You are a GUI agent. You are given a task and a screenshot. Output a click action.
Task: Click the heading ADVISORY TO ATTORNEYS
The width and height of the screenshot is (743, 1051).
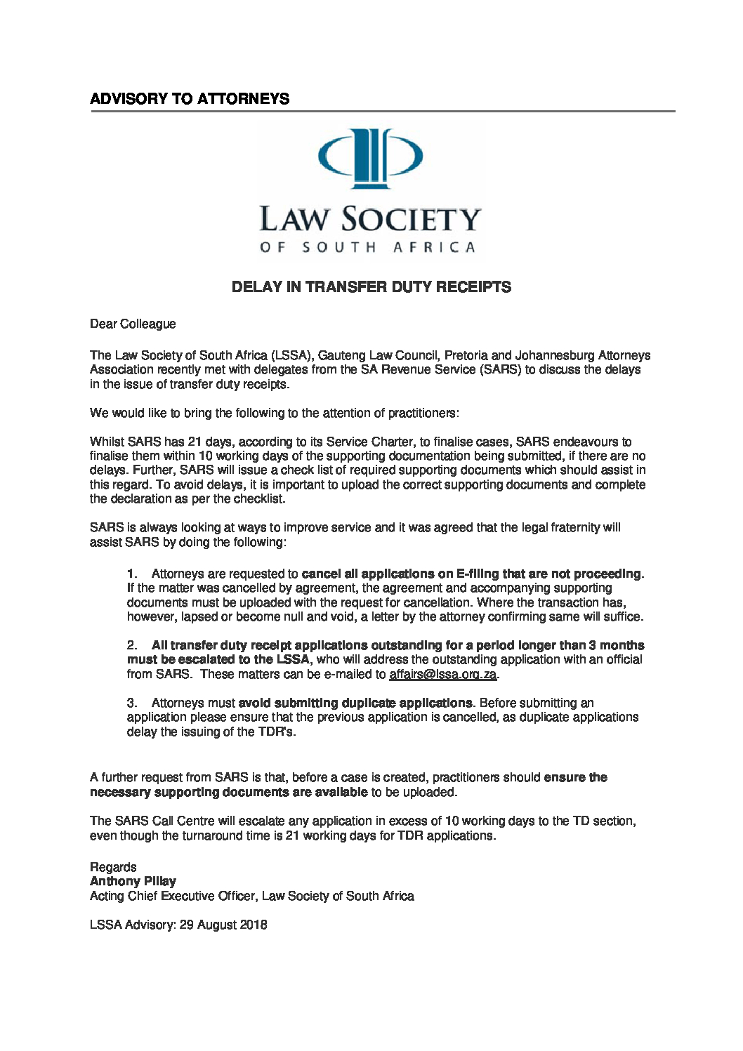pos(190,99)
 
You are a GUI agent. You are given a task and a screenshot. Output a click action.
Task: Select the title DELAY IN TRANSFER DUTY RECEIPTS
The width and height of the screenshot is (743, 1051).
pos(371,287)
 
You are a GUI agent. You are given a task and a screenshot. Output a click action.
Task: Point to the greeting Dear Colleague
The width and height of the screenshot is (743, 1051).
pos(133,324)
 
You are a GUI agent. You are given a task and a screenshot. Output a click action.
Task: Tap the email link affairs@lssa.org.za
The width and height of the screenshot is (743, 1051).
pos(443,675)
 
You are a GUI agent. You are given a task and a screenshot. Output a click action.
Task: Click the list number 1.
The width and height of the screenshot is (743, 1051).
pos(131,574)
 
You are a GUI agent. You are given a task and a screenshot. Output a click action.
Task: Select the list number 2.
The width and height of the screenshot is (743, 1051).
pos(131,645)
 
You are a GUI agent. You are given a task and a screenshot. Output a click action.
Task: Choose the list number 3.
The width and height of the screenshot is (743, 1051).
pos(131,703)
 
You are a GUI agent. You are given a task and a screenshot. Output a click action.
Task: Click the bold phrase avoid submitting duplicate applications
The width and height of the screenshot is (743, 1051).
pos(355,703)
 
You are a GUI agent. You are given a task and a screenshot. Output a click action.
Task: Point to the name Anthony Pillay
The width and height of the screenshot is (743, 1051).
pos(133,881)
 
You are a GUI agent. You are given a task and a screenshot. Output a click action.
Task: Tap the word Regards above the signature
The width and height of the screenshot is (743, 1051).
pos(113,867)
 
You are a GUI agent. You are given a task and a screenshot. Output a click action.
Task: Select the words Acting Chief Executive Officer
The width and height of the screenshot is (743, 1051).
pos(173,896)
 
